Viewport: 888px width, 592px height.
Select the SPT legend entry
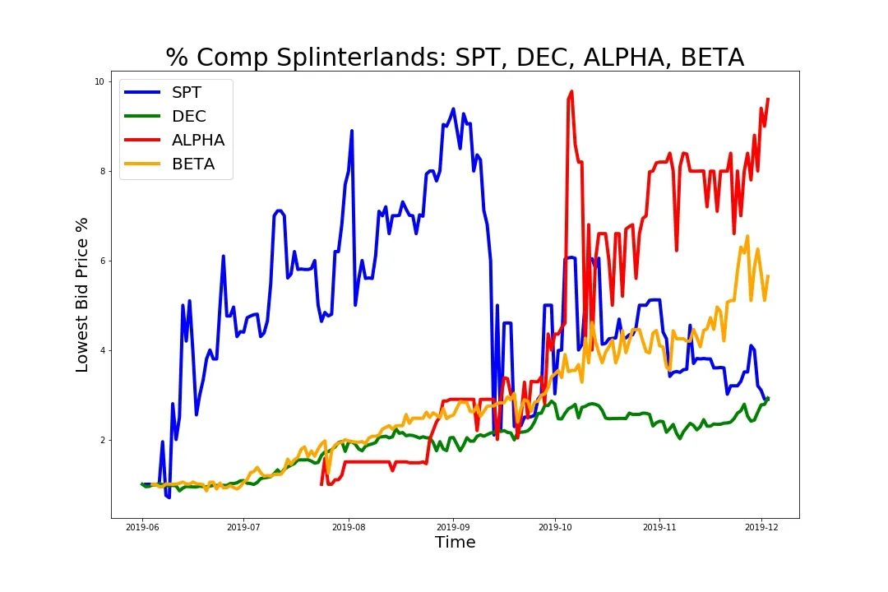187,93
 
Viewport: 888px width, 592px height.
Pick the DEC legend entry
188,117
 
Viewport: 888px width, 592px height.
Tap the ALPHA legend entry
197,141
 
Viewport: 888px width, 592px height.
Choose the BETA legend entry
192,164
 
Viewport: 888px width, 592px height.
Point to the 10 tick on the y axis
99,81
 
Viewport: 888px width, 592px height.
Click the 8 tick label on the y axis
101,171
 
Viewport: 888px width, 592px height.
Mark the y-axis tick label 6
101,261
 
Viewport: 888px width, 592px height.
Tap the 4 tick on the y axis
101,350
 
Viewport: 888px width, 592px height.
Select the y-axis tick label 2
101,440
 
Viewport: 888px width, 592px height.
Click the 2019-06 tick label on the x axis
142,526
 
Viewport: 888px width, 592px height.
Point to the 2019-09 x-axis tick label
452,526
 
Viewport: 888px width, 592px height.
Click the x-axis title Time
455,543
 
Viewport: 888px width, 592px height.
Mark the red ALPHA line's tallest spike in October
571,92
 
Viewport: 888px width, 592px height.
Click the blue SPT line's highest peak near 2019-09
453,109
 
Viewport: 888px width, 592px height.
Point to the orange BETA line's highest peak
747,236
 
